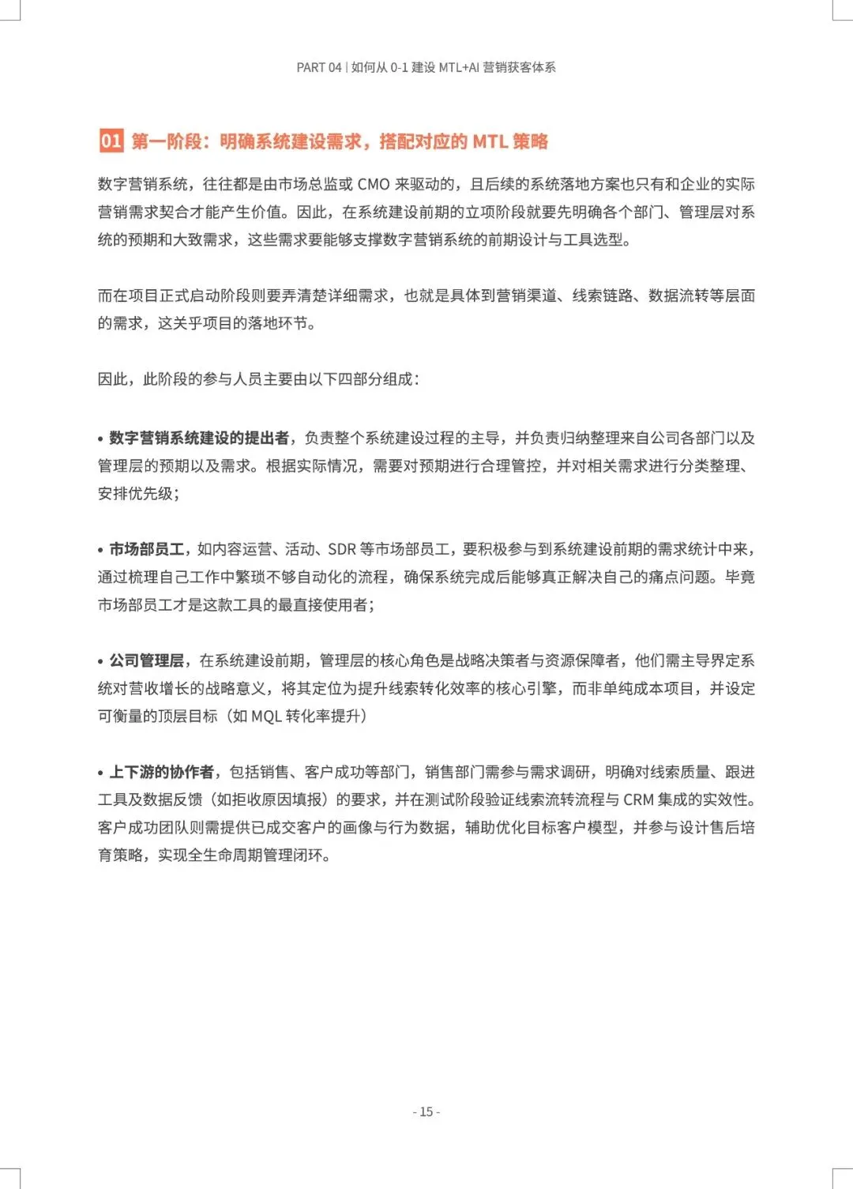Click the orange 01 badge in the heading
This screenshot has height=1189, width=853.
point(111,141)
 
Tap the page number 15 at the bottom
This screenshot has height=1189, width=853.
point(426,1112)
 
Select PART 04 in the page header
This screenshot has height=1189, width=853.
point(319,68)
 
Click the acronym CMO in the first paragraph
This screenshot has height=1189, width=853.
point(374,185)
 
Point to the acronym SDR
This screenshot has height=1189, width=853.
point(342,549)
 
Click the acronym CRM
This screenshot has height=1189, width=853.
point(638,800)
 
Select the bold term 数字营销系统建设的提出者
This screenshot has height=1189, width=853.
point(199,438)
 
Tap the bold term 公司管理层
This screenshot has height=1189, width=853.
point(146,660)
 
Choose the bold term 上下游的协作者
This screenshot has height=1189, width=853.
point(161,772)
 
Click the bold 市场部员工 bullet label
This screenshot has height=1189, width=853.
point(146,549)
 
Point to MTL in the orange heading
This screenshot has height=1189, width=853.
point(490,142)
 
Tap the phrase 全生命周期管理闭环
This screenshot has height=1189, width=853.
point(255,856)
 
